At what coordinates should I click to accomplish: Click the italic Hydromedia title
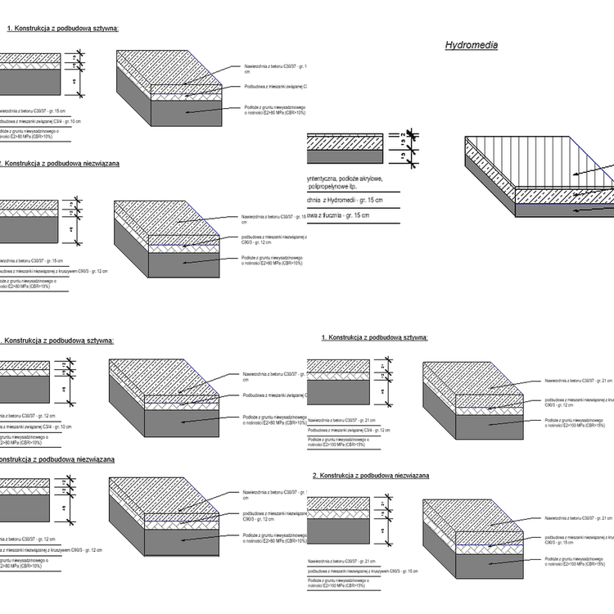coord(472,46)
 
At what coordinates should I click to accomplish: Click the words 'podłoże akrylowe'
coord(361,178)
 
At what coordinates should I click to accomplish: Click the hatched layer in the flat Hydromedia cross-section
coord(344,141)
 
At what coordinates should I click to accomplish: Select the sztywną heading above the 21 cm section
coord(375,337)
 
